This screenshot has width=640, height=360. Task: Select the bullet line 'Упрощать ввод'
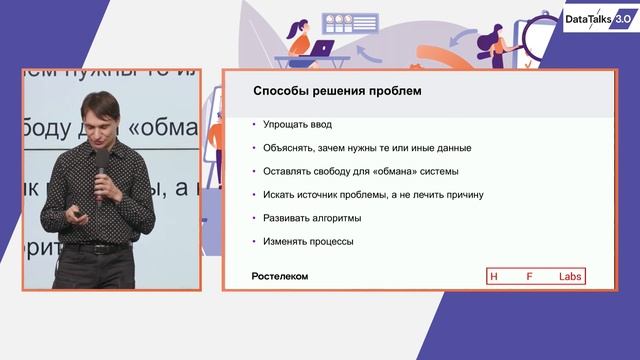pos(297,125)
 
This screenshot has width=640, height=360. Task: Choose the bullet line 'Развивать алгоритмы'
pos(313,217)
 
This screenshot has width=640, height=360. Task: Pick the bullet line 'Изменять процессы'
pos(309,241)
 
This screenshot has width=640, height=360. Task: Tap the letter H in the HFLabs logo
pos(493,276)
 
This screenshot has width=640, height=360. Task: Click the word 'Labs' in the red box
pos(570,276)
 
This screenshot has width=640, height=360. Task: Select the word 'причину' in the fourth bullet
pos(463,194)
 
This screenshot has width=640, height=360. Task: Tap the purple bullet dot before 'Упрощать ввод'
pos(254,125)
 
